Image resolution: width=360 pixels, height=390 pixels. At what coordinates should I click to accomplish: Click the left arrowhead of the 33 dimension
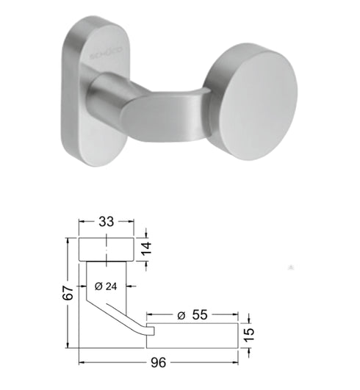point(82,220)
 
